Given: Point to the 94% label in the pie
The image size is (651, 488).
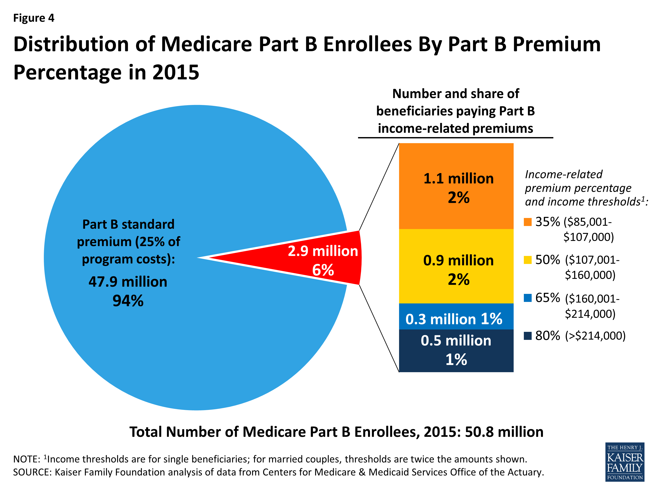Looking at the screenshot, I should tap(128, 301).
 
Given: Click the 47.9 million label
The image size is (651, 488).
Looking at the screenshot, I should tap(128, 282).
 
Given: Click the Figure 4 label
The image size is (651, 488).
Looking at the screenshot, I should tap(34, 18).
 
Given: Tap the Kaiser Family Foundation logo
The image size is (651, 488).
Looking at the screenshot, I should tap(625, 462).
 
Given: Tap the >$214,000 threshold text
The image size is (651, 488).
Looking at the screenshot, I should tap(595, 336).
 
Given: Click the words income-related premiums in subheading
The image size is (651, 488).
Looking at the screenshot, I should tap(455, 129).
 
